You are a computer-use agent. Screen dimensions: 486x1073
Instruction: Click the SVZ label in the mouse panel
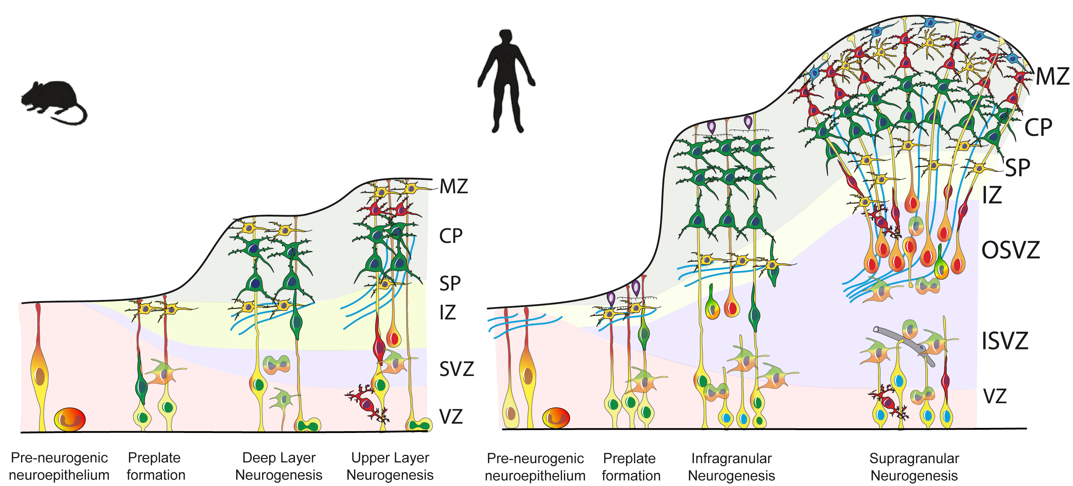pyautogui.click(x=456, y=369)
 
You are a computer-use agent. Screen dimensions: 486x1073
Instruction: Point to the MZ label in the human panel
pyautogui.click(x=1052, y=77)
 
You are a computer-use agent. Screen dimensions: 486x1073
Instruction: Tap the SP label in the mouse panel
pyautogui.click(x=450, y=284)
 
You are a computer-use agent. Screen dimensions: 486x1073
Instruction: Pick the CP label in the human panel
pyautogui.click(x=1038, y=128)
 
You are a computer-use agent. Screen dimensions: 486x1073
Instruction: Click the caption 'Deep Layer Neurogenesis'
pyautogui.click(x=279, y=466)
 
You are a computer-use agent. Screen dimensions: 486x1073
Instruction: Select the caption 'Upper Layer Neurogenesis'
pyautogui.click(x=390, y=466)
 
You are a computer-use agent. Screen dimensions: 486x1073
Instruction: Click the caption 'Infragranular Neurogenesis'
pyautogui.click(x=731, y=467)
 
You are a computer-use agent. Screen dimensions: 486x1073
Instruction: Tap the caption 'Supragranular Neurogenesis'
pyautogui.click(x=914, y=467)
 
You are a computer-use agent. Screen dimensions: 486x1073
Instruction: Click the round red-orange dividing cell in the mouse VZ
pyautogui.click(x=70, y=419)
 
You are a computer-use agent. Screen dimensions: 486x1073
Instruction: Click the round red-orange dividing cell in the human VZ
pyautogui.click(x=555, y=418)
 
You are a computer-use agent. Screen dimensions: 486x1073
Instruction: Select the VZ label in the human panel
pyautogui.click(x=995, y=396)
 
